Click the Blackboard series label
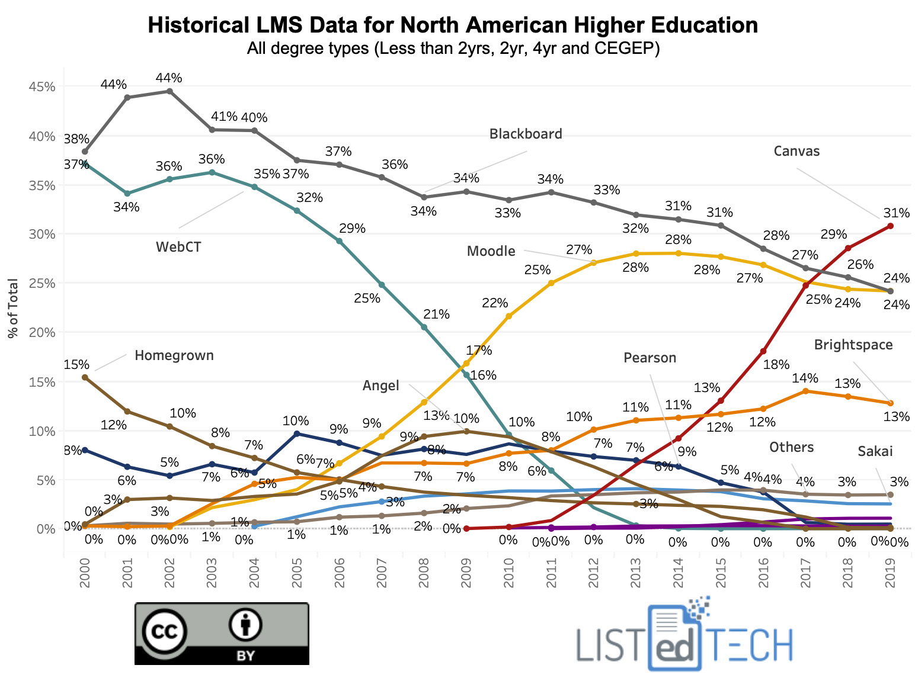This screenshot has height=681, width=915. tap(525, 134)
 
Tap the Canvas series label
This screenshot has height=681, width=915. tap(796, 151)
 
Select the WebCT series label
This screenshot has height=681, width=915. tap(178, 247)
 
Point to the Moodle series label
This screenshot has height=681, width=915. tap(491, 251)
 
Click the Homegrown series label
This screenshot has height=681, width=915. tap(174, 355)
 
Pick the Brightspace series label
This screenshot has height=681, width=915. tap(853, 345)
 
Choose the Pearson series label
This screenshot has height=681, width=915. tap(650, 358)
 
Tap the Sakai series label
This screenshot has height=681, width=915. tap(875, 451)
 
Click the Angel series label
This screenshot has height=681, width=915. tap(380, 386)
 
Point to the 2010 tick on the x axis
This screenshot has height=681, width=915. tap(509, 573)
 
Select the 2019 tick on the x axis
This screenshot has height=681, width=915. tap(890, 573)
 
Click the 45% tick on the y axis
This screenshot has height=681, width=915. tap(42, 86)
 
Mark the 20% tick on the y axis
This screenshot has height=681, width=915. tap(42, 332)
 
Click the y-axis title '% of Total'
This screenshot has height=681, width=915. tap(13, 308)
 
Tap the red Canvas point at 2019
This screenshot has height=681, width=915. tap(890, 226)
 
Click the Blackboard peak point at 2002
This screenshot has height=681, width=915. tap(169, 91)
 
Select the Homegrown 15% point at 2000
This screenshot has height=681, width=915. tap(85, 377)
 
